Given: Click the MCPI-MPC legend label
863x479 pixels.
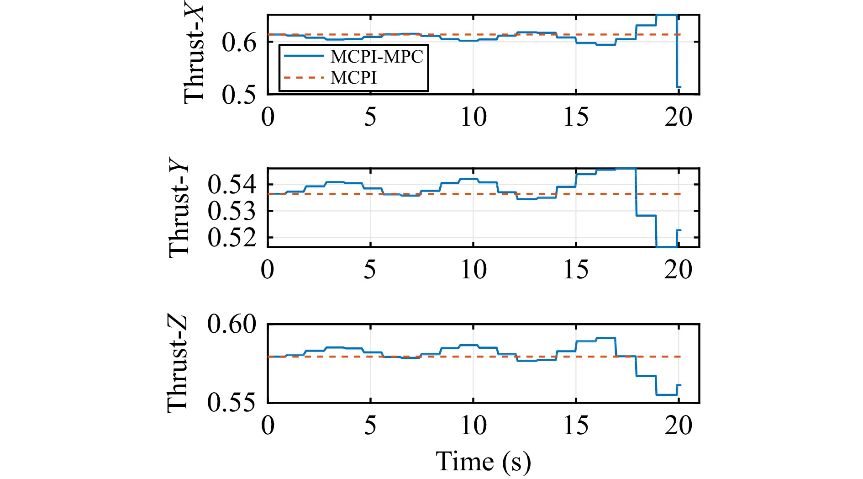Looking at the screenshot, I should tap(377, 57).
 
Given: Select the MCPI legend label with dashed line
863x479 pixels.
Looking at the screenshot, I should tap(353, 78).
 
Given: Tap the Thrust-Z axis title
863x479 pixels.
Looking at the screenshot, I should tap(178, 364).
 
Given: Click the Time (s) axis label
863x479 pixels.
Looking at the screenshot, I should tap(483, 462).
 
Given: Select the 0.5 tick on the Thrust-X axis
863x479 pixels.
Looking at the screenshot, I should tap(239, 95).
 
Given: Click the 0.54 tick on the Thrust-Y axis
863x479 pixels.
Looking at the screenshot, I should tap(232, 185).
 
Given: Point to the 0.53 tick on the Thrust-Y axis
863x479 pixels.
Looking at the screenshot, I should tap(232, 211).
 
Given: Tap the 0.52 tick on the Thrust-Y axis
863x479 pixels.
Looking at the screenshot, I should tap(232, 238).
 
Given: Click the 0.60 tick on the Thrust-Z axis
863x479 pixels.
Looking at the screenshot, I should tap(232, 325).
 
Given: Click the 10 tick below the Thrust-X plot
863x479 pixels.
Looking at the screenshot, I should tap(473, 117).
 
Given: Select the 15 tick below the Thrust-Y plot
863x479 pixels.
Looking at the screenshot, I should tap(576, 270).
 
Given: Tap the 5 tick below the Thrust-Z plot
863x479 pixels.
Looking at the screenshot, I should tap(370, 426).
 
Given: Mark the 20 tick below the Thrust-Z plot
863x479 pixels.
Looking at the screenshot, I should tap(679, 426).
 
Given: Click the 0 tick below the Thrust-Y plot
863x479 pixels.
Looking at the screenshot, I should tap(268, 270).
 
